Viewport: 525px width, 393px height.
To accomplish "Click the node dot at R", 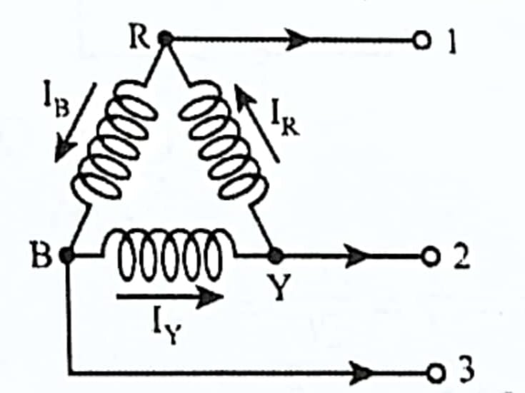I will pyautogui.click(x=165, y=40).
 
